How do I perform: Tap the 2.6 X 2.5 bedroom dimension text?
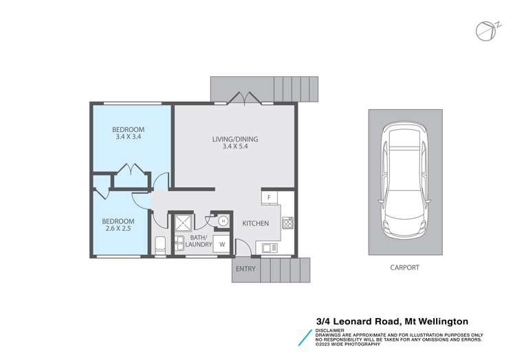118,230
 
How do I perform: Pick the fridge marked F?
269,198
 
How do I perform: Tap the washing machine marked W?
222,244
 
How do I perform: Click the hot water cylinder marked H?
223,221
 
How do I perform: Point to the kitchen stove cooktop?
287,223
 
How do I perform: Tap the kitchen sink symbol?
267,247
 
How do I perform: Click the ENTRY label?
245,268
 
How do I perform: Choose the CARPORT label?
404,267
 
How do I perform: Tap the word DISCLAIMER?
331,330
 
